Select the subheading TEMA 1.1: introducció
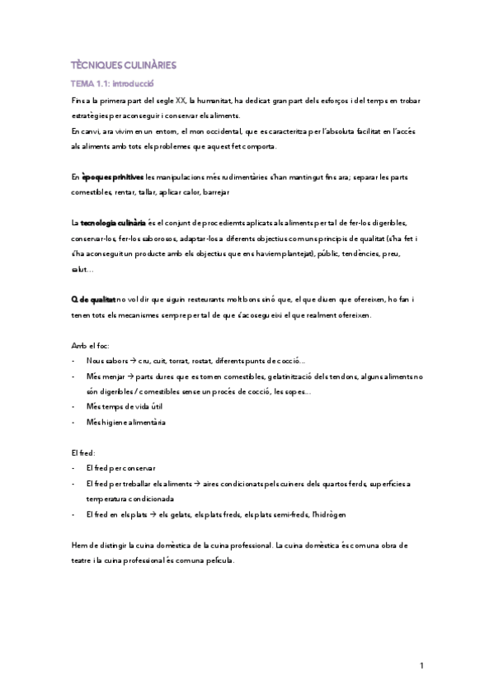pos(113,83)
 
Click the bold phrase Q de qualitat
pos(93,301)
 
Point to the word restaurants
pos(210,301)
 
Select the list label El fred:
pos(83,453)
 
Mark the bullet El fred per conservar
pos(120,468)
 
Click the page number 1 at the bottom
pos(421,666)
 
